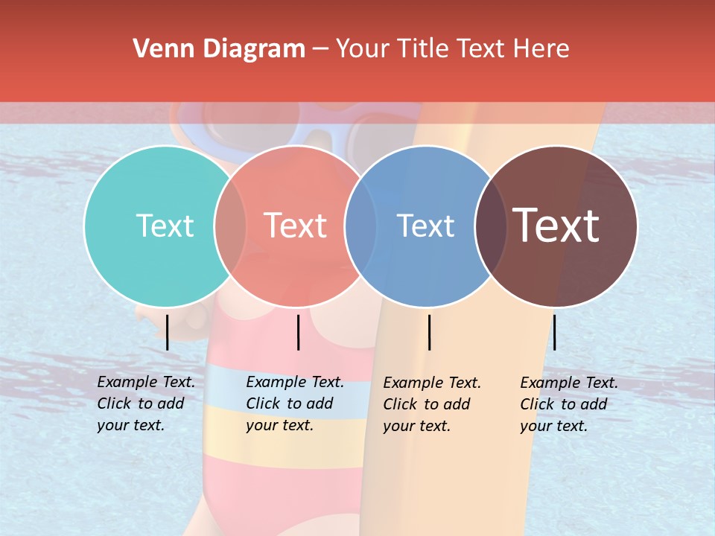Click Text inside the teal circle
[165, 226]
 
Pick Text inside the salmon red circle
[295, 226]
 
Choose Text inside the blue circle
[425, 226]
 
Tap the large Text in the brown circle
[556, 226]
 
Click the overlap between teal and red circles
[230, 226]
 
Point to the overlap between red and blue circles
[360, 226]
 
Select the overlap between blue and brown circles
[491, 226]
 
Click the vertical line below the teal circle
[168, 332]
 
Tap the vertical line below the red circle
[298, 332]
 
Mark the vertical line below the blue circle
[429, 332]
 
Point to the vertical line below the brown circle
[554, 332]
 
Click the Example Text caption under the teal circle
[146, 403]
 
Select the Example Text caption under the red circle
[295, 403]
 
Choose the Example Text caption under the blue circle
[432, 404]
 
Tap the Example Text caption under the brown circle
[569, 404]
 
